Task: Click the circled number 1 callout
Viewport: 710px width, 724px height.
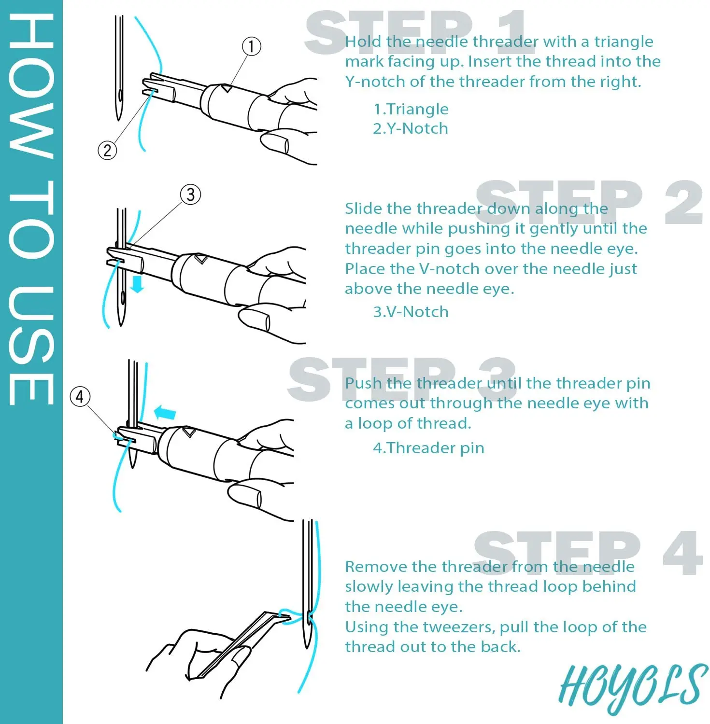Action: pyautogui.click(x=251, y=46)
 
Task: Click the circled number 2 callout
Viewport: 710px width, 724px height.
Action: pyautogui.click(x=107, y=150)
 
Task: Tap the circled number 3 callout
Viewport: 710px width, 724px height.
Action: pyautogui.click(x=190, y=195)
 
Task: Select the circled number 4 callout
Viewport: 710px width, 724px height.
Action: pyautogui.click(x=80, y=396)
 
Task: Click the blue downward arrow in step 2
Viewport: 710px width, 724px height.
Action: pyautogui.click(x=138, y=284)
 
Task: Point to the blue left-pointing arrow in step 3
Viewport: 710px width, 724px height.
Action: pyautogui.click(x=165, y=413)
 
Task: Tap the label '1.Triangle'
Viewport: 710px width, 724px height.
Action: pyautogui.click(x=411, y=110)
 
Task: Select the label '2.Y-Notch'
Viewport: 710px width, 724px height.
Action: pyautogui.click(x=411, y=128)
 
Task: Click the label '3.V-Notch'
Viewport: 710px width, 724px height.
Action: pyautogui.click(x=411, y=312)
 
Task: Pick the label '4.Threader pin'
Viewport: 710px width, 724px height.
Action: pyautogui.click(x=428, y=448)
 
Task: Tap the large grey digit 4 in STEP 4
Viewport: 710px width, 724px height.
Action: pyautogui.click(x=682, y=553)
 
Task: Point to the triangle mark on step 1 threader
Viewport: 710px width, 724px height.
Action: pyautogui.click(x=226, y=88)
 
